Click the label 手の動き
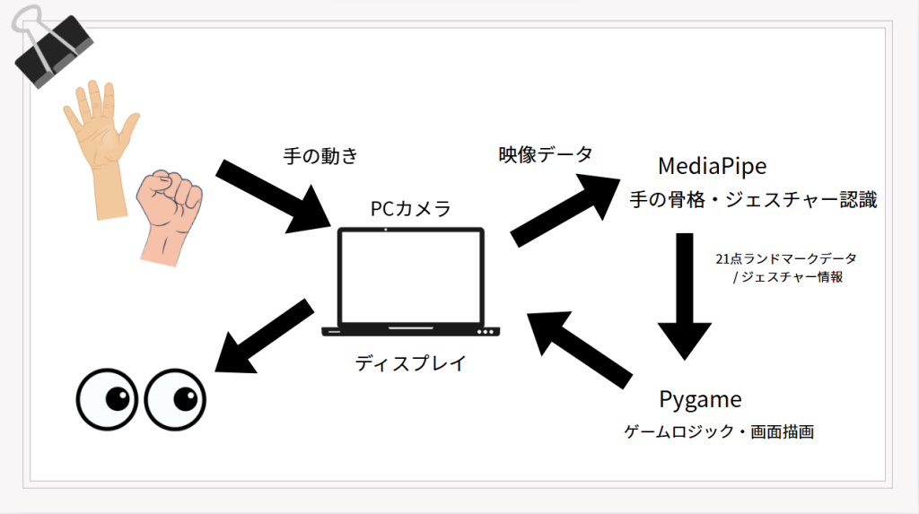click(319, 156)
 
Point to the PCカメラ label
click(410, 208)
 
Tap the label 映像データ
click(546, 154)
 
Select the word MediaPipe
click(713, 166)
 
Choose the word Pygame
click(700, 398)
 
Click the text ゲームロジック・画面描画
click(718, 432)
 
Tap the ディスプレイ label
click(410, 363)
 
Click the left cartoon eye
click(107, 399)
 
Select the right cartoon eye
click(175, 397)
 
